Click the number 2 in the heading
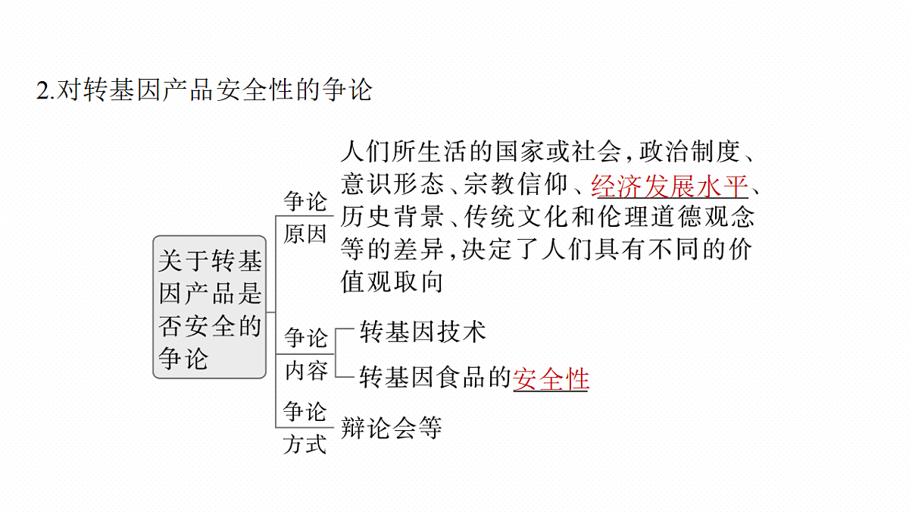[42, 90]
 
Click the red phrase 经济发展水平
[669, 187]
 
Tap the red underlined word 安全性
[551, 379]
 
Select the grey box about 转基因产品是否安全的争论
[209, 307]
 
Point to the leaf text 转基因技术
[423, 331]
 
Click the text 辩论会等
[391, 428]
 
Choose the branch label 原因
[305, 234]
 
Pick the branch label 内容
[306, 371]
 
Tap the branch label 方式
[305, 444]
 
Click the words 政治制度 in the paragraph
[689, 152]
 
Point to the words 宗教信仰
[515, 184]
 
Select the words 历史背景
[392, 217]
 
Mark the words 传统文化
[515, 217]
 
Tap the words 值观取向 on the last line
[392, 281]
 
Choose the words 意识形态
[392, 184]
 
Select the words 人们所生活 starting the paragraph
[405, 152]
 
